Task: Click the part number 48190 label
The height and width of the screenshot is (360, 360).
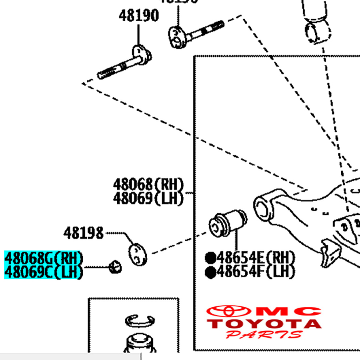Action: (138, 16)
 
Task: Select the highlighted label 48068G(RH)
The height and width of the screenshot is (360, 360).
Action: (43, 258)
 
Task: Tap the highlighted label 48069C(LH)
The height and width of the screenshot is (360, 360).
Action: (43, 272)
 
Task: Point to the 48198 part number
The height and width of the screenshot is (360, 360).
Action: (83, 233)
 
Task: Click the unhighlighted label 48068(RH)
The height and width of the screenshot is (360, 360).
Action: (148, 185)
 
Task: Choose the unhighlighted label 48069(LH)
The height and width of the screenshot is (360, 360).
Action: (148, 198)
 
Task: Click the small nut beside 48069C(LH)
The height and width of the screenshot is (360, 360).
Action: (115, 266)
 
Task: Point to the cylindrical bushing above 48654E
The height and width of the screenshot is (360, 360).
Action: (228, 223)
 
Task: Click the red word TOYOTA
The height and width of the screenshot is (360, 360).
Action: (264, 324)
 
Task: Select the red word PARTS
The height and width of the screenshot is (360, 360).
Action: (264, 334)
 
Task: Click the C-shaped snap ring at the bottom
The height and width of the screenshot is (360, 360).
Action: (140, 319)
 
